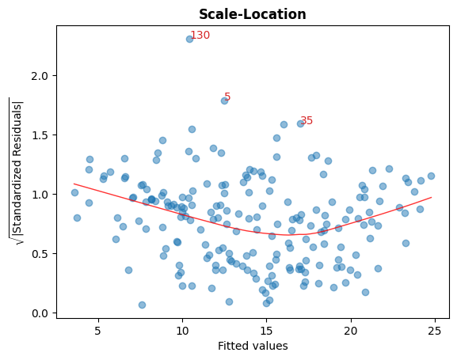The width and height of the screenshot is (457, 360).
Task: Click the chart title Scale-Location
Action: pos(252,14)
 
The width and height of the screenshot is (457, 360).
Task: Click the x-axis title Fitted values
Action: pos(252,346)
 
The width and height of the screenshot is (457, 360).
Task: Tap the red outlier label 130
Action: pos(200,36)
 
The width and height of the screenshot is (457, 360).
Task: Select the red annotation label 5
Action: pos(227,97)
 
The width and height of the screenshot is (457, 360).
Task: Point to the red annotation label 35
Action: pos(307,121)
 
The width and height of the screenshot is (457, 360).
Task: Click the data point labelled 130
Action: pos(190,39)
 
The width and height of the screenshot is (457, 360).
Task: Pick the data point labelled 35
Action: pos(300,123)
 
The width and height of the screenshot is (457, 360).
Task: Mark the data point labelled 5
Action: pos(224,100)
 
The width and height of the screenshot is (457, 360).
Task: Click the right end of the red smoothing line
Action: pos(431,197)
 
